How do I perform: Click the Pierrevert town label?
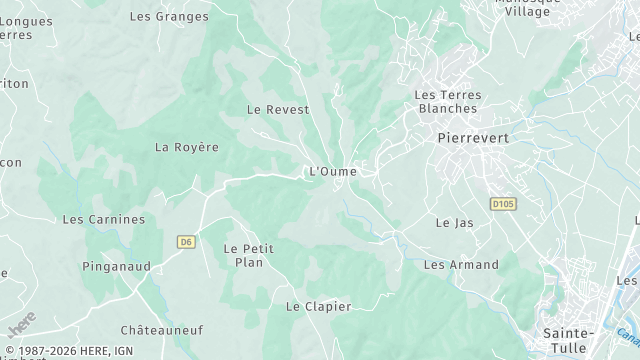[x=475, y=139]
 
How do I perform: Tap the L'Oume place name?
[x=333, y=172]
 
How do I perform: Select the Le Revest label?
[x=278, y=109]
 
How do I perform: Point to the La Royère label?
[x=186, y=147]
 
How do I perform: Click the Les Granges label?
[x=170, y=16]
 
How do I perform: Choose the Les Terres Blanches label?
[x=448, y=101]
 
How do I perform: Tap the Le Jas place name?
[x=455, y=223]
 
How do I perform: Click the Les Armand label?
[x=461, y=265]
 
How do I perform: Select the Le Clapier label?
[x=319, y=307]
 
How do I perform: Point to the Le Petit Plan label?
[x=248, y=255]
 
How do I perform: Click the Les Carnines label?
[x=104, y=219]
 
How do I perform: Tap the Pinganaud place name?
[x=117, y=267]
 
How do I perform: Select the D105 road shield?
[x=503, y=204]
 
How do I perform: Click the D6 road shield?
[x=186, y=241]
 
